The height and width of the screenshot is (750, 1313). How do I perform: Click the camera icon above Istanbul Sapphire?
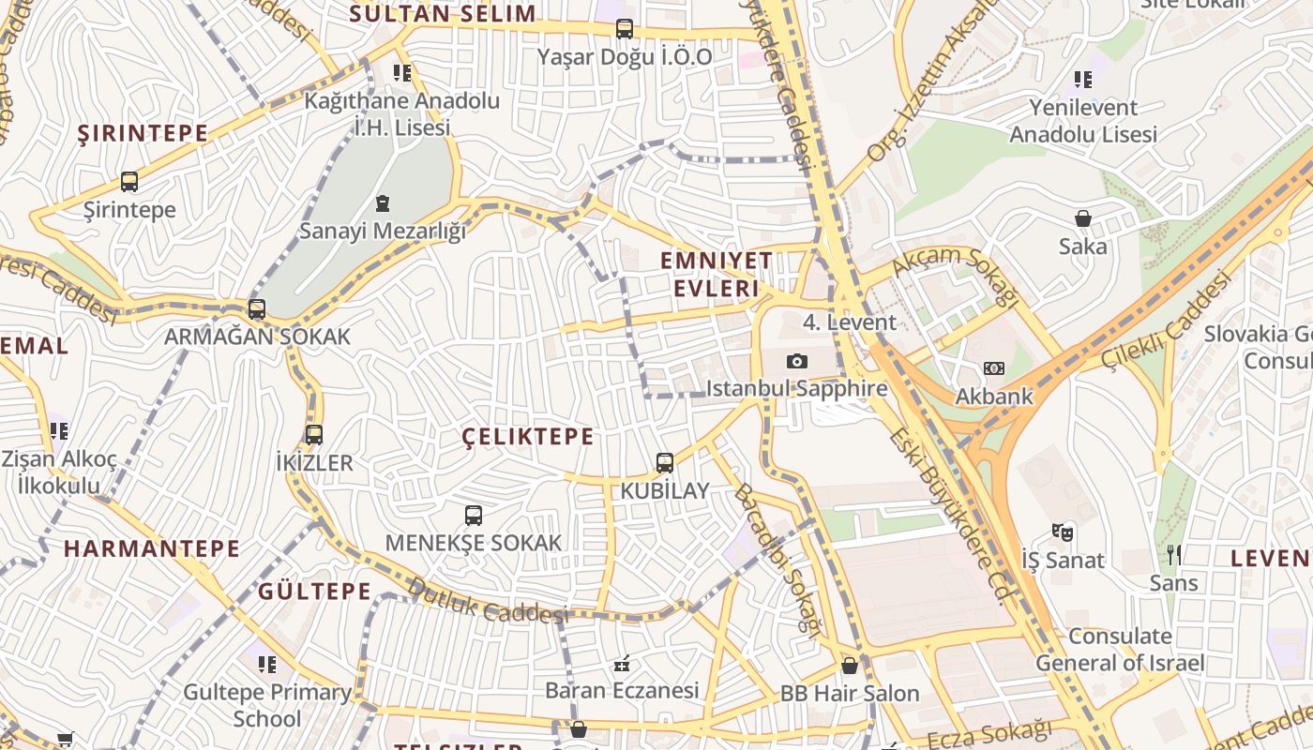[796, 362]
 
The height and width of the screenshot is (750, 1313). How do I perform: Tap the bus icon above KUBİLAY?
[665, 462]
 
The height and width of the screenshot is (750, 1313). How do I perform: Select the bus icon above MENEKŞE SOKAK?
[474, 515]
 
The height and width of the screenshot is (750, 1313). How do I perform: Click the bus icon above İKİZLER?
[314, 434]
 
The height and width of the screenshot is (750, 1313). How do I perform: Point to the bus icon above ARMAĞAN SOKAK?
[256, 308]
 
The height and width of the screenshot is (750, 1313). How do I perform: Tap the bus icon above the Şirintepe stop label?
[129, 182]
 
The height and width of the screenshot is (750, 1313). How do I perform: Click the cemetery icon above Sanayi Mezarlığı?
[382, 202]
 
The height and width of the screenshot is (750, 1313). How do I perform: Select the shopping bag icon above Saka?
[1083, 218]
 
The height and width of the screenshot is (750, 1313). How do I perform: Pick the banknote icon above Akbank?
[994, 368]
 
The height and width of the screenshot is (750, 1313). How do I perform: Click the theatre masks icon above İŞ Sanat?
[1062, 532]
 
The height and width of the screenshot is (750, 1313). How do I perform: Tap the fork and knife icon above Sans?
[1174, 555]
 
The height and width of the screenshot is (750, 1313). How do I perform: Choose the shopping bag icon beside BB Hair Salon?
[850, 666]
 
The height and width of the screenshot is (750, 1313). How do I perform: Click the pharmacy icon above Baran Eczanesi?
[621, 664]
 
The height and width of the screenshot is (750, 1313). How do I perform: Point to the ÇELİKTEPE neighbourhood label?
[529, 436]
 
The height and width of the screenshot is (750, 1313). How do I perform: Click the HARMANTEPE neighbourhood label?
[152, 548]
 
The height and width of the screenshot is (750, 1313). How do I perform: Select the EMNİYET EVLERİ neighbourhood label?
[717, 274]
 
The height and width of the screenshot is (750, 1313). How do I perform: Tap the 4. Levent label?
[850, 322]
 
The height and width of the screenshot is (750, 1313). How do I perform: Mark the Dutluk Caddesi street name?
[488, 601]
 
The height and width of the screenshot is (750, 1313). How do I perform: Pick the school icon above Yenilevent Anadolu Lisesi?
[1083, 80]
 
